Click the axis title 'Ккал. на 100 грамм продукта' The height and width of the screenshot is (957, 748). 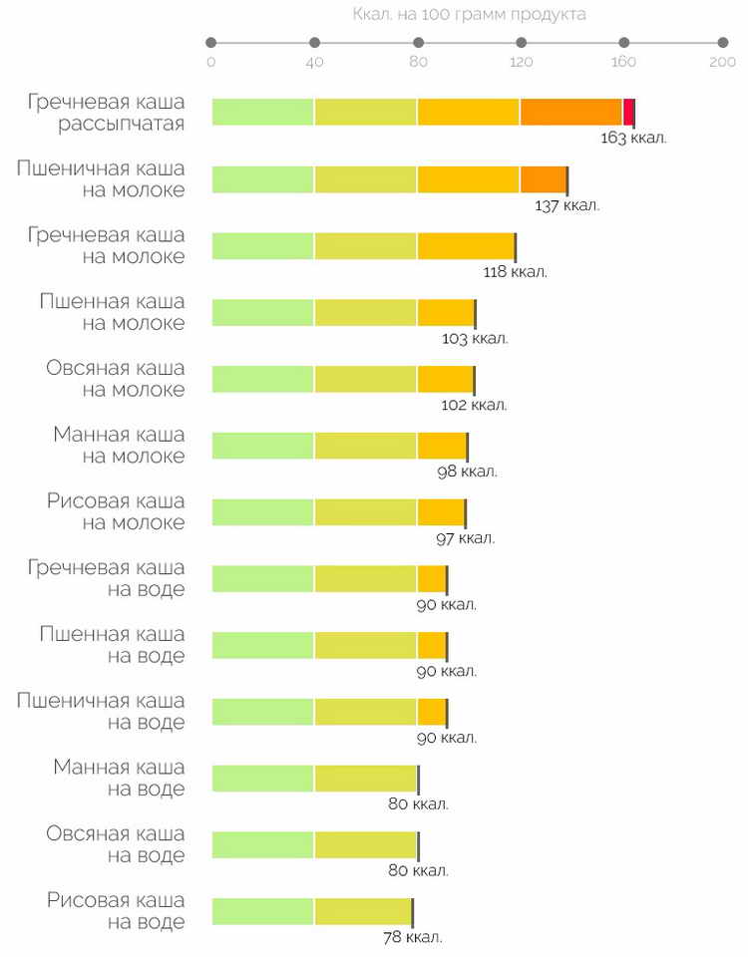tap(469, 15)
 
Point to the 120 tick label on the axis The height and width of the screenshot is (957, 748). tap(521, 62)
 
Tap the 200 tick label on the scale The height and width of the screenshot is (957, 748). tap(722, 62)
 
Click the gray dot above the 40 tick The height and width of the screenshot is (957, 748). tap(314, 42)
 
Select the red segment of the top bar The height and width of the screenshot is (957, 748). tap(628, 113)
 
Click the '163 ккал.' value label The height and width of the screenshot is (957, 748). tap(633, 138)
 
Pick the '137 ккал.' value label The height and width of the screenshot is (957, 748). tap(566, 205)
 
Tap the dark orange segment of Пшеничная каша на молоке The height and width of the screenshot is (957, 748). tap(543, 179)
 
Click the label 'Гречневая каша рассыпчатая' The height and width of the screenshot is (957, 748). tap(107, 113)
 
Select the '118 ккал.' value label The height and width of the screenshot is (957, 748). tap(515, 271)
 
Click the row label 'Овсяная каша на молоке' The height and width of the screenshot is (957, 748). tap(115, 379)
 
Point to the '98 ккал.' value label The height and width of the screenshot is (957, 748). tap(467, 472)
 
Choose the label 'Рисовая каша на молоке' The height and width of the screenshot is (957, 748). tap(115, 511)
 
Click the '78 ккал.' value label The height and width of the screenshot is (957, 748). tap(412, 937)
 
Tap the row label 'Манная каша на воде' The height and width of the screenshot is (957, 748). tap(119, 778)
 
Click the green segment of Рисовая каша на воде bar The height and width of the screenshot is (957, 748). tap(263, 911)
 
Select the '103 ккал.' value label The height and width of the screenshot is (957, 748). tap(475, 338)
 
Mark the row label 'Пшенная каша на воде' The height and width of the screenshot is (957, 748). tap(112, 645)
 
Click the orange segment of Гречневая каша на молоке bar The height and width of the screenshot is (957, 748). tap(466, 246)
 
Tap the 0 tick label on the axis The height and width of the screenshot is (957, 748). tap(210, 62)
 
